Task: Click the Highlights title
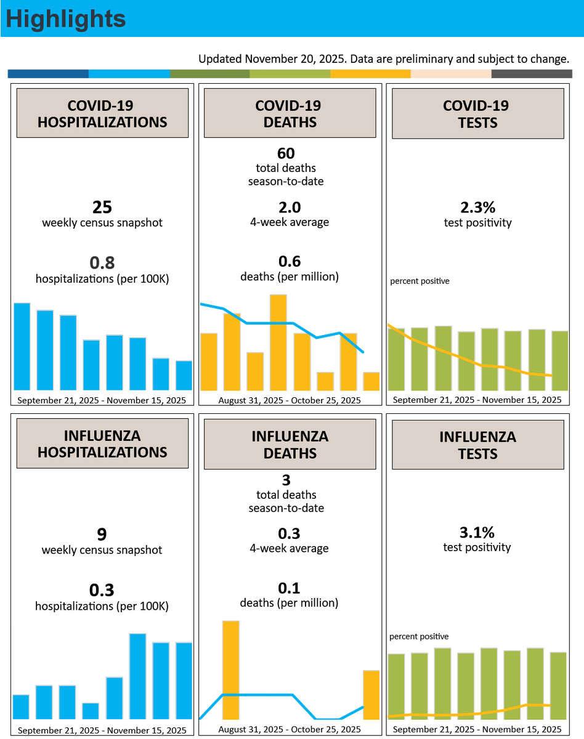pos(66,19)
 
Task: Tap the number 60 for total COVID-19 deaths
pos(286,153)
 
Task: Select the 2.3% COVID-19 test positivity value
pos(477,208)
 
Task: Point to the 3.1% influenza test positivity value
pos(477,533)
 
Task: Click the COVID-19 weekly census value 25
pos(102,207)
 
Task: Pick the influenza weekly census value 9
pos(102,535)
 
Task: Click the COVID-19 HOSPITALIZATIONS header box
pos(102,113)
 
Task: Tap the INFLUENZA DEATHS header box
pos(290,444)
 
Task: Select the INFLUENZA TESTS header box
pos(478,445)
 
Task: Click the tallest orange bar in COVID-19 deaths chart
pos(278,342)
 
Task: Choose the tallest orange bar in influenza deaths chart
pos(231,670)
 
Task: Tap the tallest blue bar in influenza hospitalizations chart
pos(138,677)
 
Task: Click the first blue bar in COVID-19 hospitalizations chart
pos(22,347)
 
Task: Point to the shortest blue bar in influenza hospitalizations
pos(91,711)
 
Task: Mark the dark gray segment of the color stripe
pos(532,74)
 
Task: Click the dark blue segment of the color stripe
pos(48,74)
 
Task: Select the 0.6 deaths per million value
pos(290,262)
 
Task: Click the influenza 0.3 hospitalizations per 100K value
pos(102,591)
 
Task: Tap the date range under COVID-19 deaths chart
pos(290,400)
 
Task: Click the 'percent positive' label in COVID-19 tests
pos(420,281)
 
